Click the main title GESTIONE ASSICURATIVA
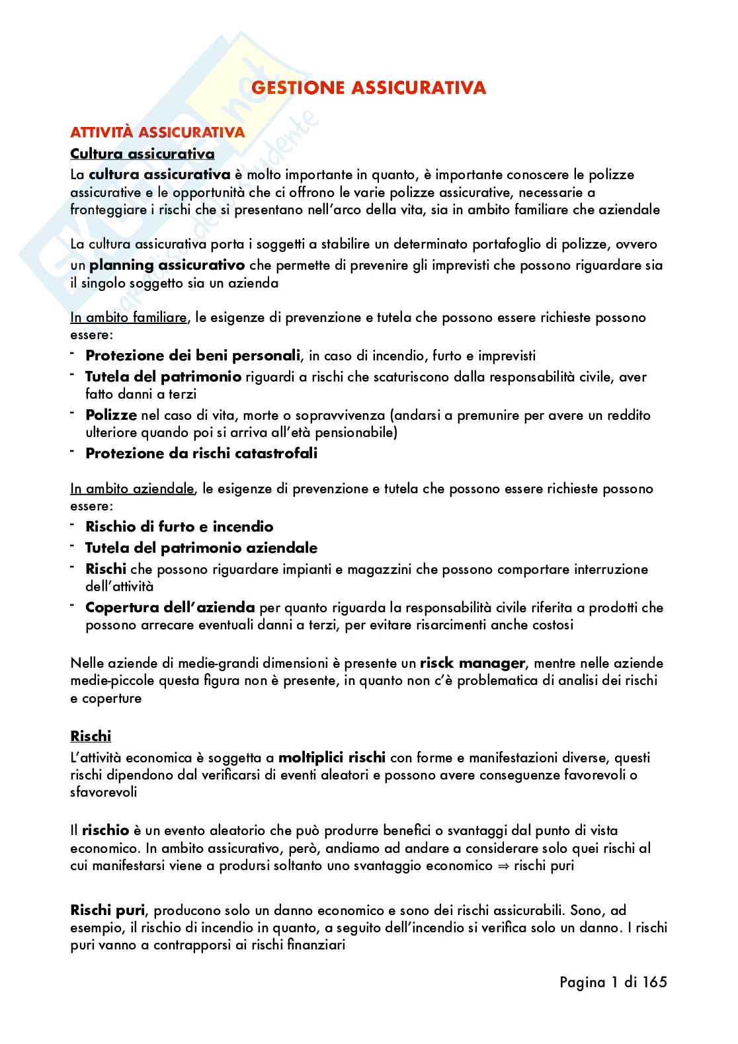tap(369, 88)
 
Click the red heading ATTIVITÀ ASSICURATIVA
tap(157, 132)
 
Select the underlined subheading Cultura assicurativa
tap(142, 154)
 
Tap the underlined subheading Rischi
tap(91, 736)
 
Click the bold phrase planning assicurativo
tap(167, 266)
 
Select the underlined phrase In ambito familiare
tap(128, 317)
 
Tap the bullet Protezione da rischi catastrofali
tap(202, 454)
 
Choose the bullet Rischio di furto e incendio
tap(179, 527)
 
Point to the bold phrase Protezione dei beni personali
tap(192, 356)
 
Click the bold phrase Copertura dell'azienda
tap(170, 608)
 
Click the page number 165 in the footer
tap(653, 983)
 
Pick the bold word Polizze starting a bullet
tap(111, 415)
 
